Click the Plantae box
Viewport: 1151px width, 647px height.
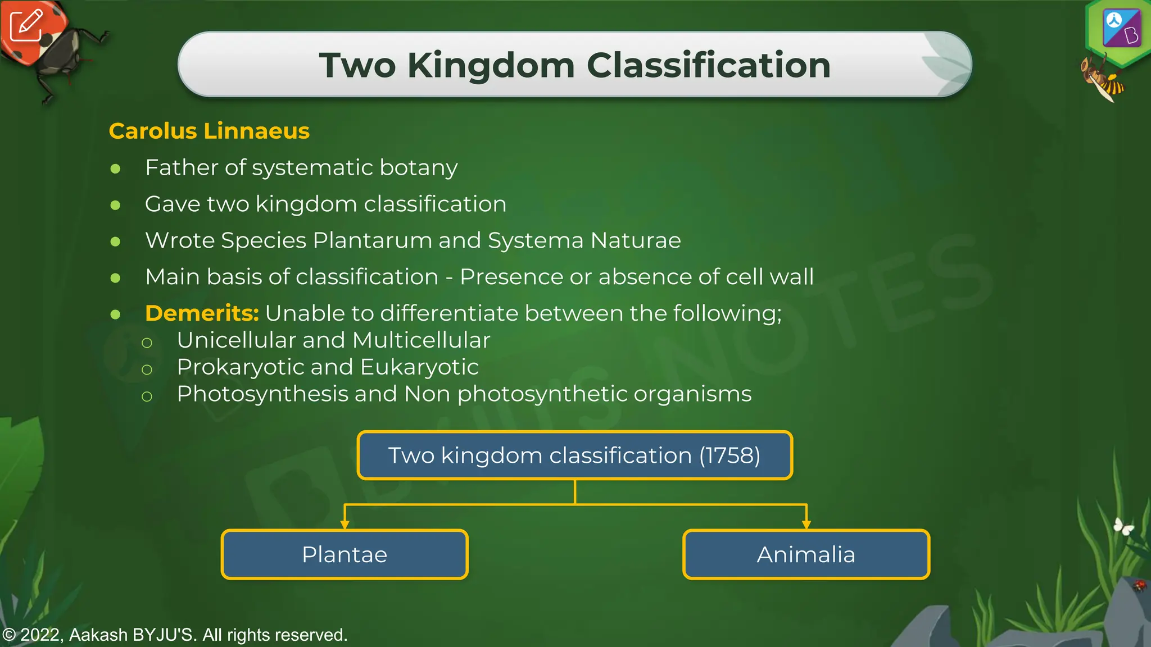[x=345, y=554]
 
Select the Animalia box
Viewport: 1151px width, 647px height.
[x=806, y=554]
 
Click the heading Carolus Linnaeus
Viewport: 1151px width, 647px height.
[x=209, y=131]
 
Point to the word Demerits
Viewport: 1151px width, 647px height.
[x=201, y=313]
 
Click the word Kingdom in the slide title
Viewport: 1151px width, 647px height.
[x=491, y=65]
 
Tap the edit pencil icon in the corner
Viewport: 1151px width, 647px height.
[x=26, y=26]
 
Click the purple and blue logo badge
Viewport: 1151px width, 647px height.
[x=1121, y=28]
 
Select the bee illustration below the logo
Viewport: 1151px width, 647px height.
[x=1103, y=79]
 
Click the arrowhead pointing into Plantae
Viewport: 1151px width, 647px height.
[x=345, y=524]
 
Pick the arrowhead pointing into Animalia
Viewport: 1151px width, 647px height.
[x=806, y=524]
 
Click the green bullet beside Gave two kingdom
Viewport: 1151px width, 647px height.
[x=116, y=205]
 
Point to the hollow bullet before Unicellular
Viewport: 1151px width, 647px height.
[x=147, y=343]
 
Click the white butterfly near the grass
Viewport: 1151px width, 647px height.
[x=1123, y=526]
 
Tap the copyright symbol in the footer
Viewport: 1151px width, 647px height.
[x=8, y=635]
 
